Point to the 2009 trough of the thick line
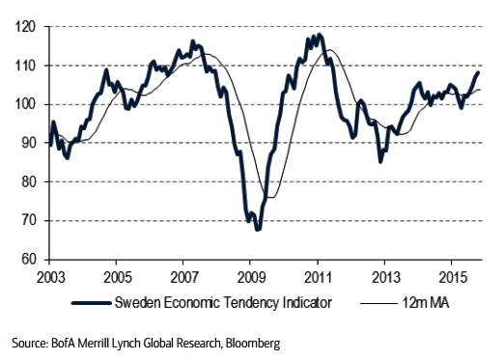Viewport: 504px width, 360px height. click(258, 229)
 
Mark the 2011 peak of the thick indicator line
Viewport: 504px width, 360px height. click(319, 36)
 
